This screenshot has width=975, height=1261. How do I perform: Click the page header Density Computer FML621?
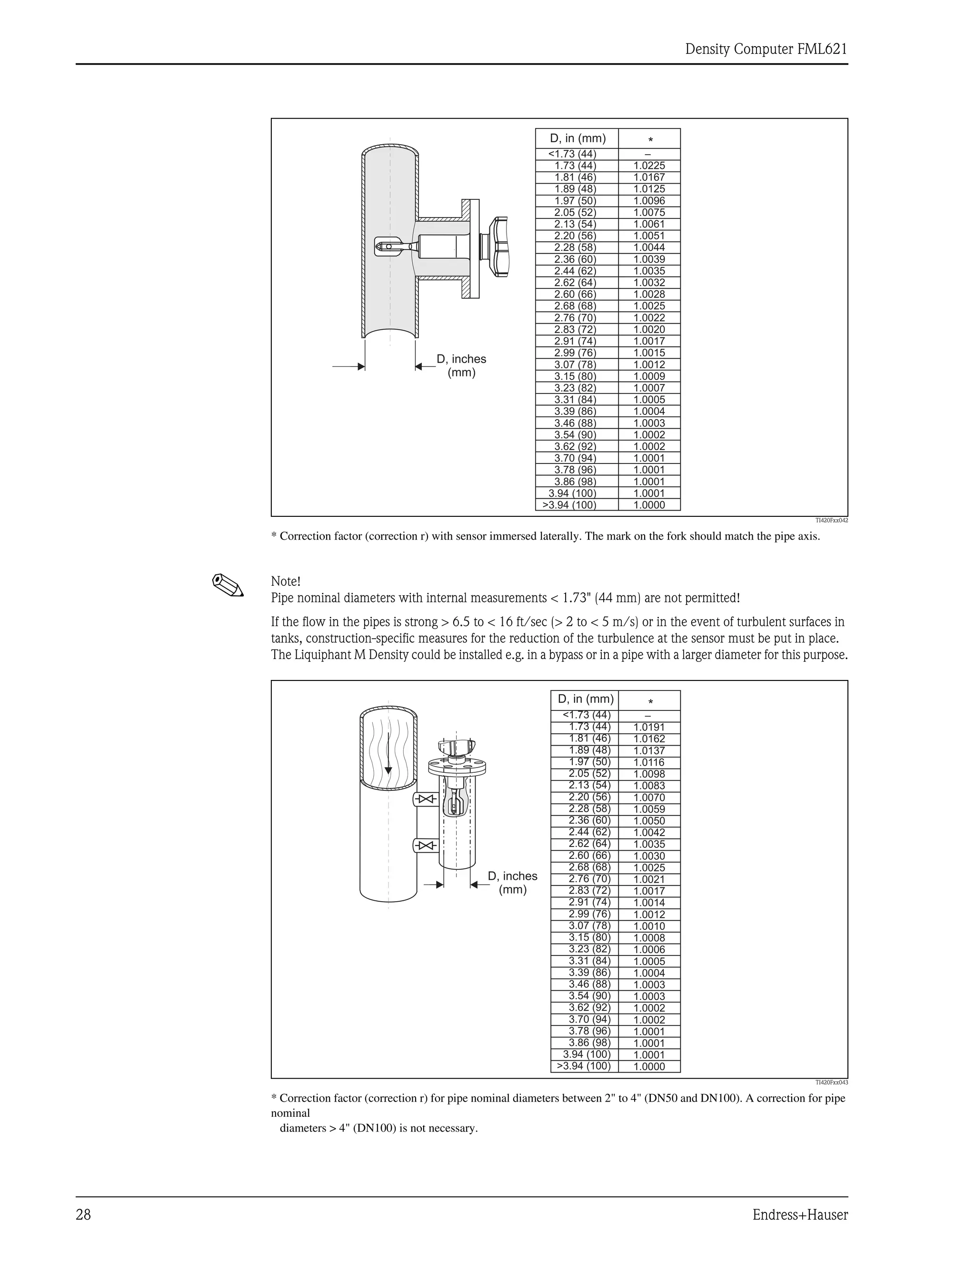click(766, 49)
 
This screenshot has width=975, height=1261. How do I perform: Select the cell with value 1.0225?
click(649, 166)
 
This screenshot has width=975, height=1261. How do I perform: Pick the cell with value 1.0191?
click(649, 728)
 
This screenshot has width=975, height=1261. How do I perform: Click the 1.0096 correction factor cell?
click(649, 201)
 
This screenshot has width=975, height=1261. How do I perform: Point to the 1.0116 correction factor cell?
click(649, 762)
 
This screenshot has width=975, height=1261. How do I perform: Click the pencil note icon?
click(228, 585)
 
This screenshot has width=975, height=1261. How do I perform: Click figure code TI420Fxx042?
click(831, 520)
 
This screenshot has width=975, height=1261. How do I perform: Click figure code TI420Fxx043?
click(831, 1083)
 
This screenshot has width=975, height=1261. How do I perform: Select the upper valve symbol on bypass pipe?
click(426, 799)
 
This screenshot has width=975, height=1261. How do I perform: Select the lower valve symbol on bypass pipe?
click(426, 846)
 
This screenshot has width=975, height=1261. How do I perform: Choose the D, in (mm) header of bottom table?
click(585, 700)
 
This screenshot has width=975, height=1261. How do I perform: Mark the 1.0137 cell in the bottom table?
click(649, 750)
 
